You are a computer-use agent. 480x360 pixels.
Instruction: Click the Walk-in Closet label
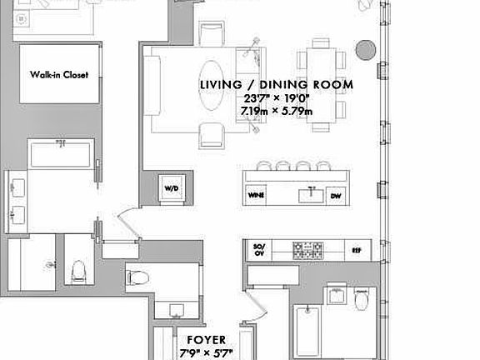click(x=59, y=74)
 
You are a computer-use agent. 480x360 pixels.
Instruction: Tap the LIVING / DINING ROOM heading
click(x=276, y=84)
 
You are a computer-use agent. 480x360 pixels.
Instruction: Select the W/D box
click(x=171, y=188)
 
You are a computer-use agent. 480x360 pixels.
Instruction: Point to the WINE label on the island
click(x=257, y=196)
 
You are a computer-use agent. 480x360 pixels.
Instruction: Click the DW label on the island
click(x=336, y=196)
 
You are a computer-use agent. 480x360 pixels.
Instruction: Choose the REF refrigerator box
click(x=356, y=249)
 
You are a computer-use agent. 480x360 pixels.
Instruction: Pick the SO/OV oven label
click(x=257, y=248)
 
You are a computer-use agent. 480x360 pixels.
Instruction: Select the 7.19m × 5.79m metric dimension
click(x=276, y=111)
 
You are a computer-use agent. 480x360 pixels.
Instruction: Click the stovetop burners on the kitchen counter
click(x=309, y=248)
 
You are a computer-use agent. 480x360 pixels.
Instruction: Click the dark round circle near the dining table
click(x=365, y=50)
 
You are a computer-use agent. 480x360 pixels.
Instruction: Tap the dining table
click(x=322, y=85)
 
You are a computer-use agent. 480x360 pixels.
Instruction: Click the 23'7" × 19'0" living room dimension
click(x=276, y=97)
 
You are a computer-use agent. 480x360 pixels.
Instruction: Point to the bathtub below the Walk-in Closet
click(x=60, y=155)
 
